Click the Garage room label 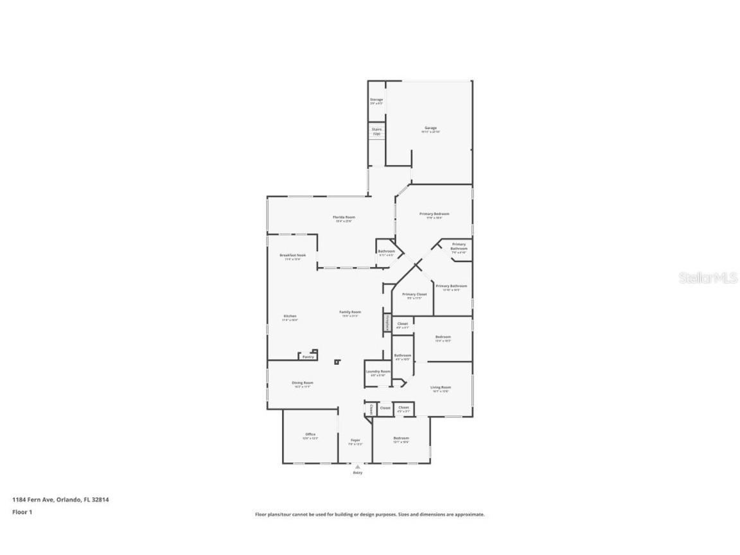pyautogui.click(x=430, y=128)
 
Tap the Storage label pyautogui.click(x=376, y=100)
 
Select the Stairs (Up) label pyautogui.click(x=376, y=130)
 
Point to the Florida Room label pyautogui.click(x=344, y=217)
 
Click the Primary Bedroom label pyautogui.click(x=434, y=214)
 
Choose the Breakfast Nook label pyautogui.click(x=292, y=255)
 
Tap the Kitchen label pyautogui.click(x=290, y=316)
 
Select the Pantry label pyautogui.click(x=308, y=357)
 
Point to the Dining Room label pyautogui.click(x=303, y=383)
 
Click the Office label pyautogui.click(x=310, y=435)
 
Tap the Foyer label pyautogui.click(x=355, y=440)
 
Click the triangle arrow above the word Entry pyautogui.click(x=358, y=466)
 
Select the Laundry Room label pyautogui.click(x=378, y=371)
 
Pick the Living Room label pyautogui.click(x=441, y=387)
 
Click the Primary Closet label pyautogui.click(x=414, y=294)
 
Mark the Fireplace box pyautogui.click(x=387, y=323)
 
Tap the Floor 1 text pyautogui.click(x=22, y=512)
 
